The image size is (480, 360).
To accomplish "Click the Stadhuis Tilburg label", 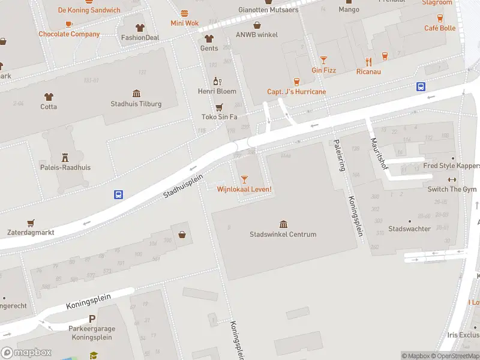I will coord(136,104).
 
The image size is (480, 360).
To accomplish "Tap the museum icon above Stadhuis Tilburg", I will coord(136,94).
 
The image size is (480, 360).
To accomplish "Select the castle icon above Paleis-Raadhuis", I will coord(65,157).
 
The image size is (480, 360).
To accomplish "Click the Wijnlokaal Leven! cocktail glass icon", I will coord(244,179).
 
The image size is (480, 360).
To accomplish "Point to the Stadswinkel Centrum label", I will coord(283,234).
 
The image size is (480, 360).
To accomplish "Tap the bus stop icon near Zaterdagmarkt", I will coord(119,194).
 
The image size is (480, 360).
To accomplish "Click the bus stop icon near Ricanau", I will coord(421,86).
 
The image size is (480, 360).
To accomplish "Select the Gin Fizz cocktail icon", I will coord(323,59).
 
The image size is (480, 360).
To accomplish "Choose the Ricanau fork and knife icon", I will coord(368,61).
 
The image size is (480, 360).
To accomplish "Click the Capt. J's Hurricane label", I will coord(296,92).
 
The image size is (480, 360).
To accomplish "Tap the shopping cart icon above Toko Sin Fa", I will coord(219,107).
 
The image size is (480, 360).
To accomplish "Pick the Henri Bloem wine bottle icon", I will coord(217,81).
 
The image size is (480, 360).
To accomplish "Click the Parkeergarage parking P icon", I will coord(92,320).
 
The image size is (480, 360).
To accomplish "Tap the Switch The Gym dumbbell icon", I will coord(452,179).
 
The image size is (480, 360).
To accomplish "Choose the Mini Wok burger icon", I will coord(184,13).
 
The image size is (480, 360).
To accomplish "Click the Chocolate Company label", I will coord(69,34).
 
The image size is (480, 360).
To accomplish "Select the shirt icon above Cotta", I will coord(49,96).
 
